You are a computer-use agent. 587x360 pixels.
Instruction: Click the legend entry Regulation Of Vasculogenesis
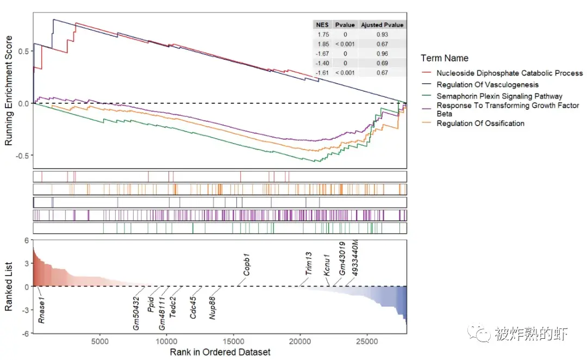(487, 84)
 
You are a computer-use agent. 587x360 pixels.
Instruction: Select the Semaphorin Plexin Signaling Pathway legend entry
(499, 96)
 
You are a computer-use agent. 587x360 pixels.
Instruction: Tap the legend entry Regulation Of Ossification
(480, 123)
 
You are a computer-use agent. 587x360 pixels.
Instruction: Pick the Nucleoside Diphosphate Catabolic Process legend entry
(509, 73)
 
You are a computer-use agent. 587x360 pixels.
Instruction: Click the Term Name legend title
(444, 58)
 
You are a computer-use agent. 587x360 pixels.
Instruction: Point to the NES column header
(322, 25)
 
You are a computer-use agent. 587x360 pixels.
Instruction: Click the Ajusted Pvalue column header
(382, 25)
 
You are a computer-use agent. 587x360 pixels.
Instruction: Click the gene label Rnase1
(42, 309)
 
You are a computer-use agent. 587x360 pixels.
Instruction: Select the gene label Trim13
(308, 264)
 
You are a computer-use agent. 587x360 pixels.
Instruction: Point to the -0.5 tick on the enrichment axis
(22, 156)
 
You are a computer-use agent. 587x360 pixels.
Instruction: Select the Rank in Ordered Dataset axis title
(220, 352)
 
